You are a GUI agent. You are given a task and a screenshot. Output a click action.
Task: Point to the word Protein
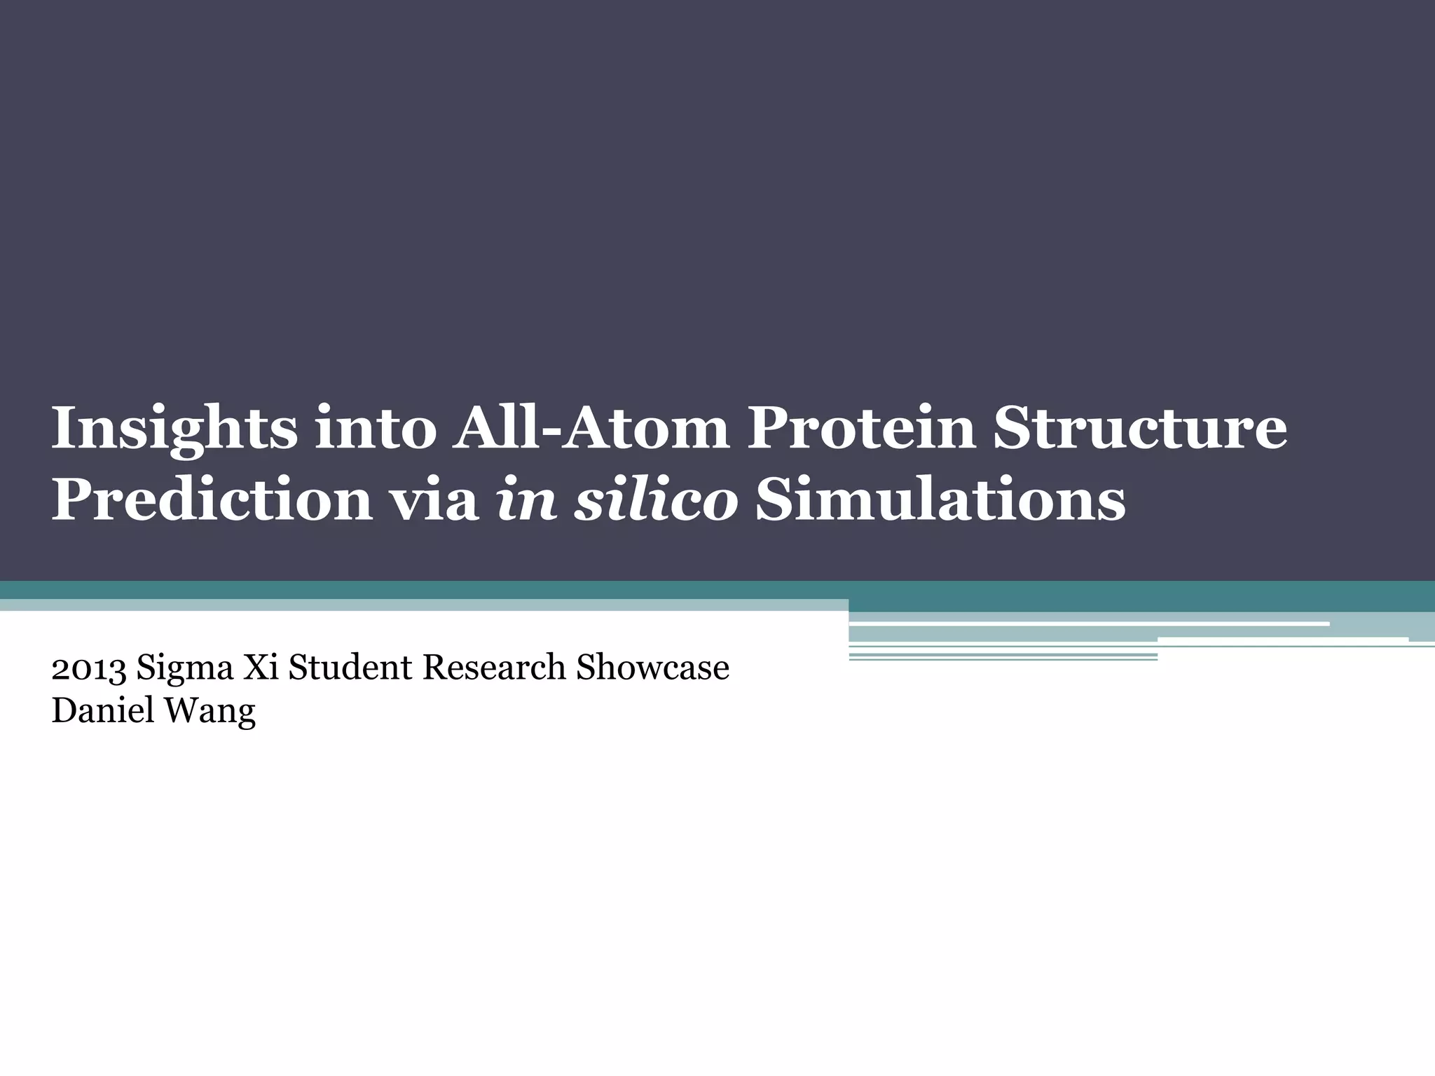[861, 429]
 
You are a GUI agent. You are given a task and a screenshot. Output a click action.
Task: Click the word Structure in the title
[1139, 429]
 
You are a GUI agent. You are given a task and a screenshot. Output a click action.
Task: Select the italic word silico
[655, 502]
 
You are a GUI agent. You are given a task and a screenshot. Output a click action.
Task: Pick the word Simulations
[940, 502]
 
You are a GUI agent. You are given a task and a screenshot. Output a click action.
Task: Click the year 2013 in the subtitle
[89, 668]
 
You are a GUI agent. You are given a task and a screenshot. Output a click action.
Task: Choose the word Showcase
[652, 668]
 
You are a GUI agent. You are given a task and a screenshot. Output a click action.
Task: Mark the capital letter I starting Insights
[62, 429]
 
